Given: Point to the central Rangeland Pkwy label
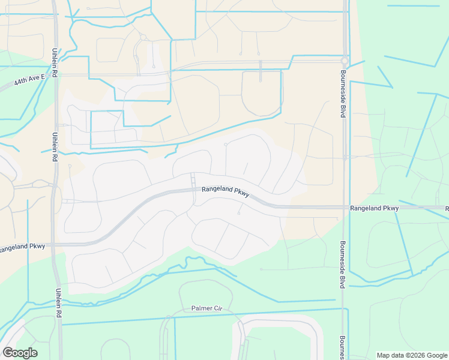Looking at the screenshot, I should coord(225,189).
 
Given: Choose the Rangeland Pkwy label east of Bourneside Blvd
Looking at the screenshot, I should coord(375,208).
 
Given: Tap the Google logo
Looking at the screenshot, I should coord(20,353).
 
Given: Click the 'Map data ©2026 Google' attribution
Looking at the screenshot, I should coord(412,355).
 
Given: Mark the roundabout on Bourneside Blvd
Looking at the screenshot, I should coord(345,61).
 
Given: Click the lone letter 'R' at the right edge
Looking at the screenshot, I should coord(447,208).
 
